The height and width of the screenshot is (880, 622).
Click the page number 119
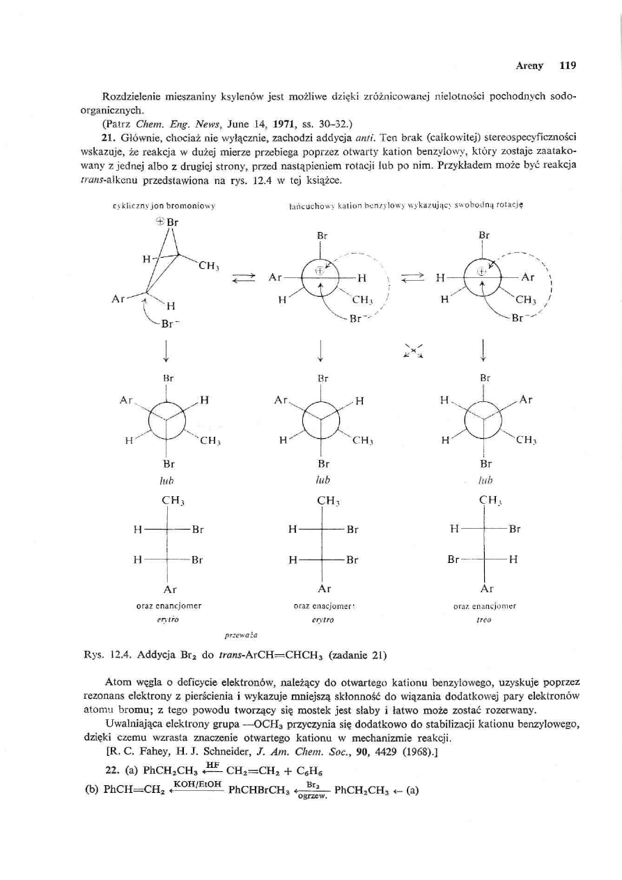[567, 66]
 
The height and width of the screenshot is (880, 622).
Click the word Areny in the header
[531, 66]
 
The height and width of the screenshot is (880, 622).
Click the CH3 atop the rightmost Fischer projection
[483, 499]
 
